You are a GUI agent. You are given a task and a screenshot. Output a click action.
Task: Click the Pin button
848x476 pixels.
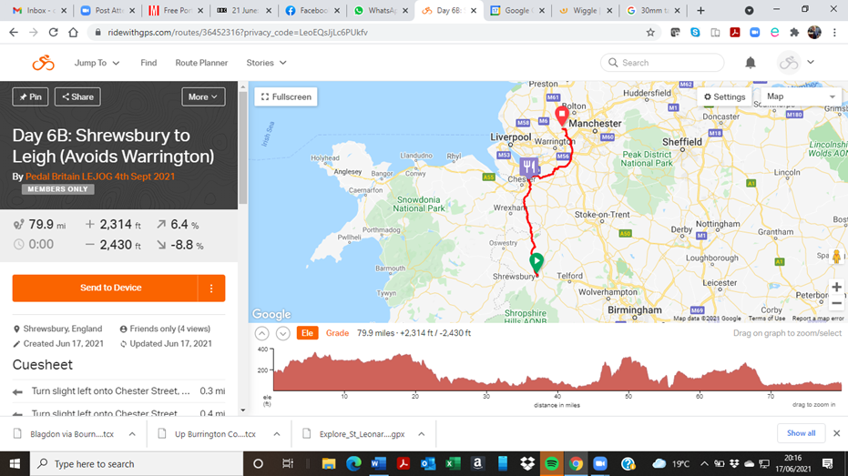click(x=30, y=96)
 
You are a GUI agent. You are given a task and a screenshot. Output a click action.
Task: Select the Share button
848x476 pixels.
click(x=77, y=96)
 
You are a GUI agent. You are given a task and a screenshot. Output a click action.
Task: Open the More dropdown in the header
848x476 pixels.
click(x=202, y=96)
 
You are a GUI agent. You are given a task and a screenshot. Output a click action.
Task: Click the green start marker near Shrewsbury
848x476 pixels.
click(x=536, y=261)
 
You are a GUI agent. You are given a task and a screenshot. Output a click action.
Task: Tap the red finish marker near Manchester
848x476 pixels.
click(x=562, y=116)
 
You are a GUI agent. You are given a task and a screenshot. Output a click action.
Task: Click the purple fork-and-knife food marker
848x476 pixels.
click(x=528, y=167)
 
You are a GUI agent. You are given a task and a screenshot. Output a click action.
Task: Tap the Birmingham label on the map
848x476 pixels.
click(x=637, y=309)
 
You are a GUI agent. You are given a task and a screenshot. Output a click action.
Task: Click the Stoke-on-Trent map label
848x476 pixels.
click(x=601, y=215)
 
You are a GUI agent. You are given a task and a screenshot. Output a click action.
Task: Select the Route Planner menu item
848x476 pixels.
click(x=201, y=63)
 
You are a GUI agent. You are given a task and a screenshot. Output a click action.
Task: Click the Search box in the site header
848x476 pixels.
click(x=662, y=63)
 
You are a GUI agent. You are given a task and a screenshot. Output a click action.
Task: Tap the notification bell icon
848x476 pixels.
click(x=751, y=63)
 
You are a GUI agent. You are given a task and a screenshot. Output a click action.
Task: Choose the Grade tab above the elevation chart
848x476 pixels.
click(x=337, y=333)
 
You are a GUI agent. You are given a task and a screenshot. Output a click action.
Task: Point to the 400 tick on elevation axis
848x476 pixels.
click(x=262, y=349)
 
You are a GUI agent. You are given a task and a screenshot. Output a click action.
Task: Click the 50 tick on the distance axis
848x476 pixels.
click(x=628, y=396)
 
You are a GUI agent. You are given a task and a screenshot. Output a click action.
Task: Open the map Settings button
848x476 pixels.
click(x=724, y=96)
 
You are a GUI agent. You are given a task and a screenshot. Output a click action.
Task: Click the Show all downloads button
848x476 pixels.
click(x=801, y=433)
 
